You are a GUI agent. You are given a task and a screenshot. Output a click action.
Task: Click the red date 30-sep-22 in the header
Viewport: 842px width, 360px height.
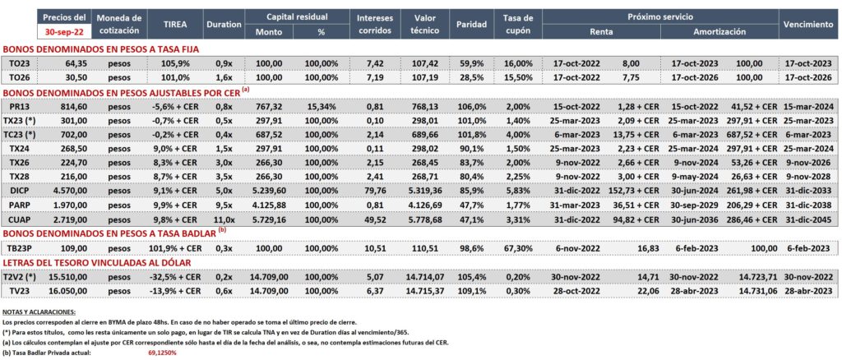64,31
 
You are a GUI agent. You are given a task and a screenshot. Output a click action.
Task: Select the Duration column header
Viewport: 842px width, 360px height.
224,24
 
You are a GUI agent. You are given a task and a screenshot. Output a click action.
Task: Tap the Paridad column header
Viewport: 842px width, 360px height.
471,24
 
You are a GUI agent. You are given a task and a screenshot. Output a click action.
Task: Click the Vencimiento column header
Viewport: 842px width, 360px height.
808,24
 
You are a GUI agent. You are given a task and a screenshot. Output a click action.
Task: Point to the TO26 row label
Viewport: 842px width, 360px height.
20,77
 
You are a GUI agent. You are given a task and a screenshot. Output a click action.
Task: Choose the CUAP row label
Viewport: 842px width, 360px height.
20,219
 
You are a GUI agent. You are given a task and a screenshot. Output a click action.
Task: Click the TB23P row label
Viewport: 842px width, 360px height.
20,248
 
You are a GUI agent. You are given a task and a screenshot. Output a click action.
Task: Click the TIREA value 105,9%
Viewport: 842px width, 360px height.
173,62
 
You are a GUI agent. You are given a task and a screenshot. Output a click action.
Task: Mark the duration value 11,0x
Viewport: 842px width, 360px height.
224,219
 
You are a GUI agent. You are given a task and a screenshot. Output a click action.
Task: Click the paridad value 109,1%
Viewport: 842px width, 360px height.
472,290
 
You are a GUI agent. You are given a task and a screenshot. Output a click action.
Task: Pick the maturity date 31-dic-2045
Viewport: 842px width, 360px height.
809,219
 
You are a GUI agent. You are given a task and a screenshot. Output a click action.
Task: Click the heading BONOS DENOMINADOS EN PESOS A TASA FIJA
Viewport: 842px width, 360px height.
101,48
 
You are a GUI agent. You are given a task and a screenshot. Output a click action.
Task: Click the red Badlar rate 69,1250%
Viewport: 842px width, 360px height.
162,353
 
